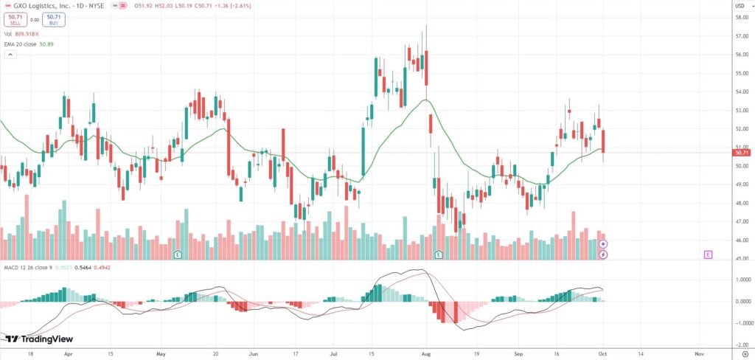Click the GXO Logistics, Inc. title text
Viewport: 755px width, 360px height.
[x=43, y=4]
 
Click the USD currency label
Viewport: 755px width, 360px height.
[x=740, y=5]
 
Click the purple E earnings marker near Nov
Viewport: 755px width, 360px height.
[x=708, y=255]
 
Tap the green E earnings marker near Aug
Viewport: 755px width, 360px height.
[x=439, y=255]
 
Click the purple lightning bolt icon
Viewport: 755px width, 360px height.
[x=603, y=255]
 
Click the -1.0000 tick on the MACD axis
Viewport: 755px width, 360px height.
[x=741, y=323]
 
